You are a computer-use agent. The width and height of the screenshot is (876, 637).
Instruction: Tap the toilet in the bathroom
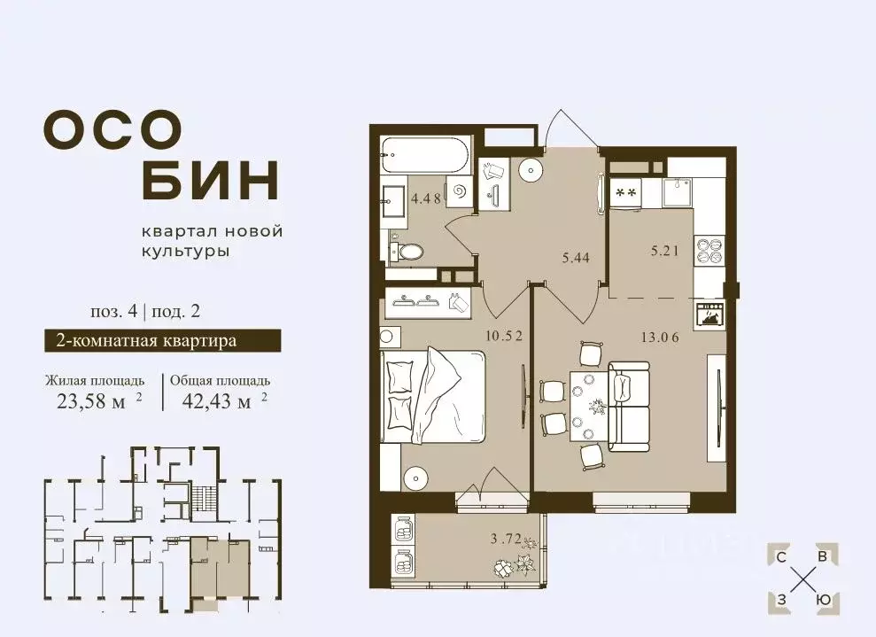[x=407, y=252]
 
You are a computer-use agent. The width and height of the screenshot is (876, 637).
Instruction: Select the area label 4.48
[x=426, y=198]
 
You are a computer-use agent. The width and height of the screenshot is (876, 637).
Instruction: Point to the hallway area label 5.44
[x=575, y=258]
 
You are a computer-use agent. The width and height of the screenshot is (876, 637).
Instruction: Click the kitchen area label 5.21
[x=665, y=251]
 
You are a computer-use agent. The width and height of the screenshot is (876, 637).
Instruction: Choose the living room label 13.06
[x=660, y=338]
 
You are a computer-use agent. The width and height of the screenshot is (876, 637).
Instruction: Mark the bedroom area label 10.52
[x=504, y=337]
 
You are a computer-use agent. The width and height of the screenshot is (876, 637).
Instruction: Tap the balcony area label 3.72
[x=506, y=540]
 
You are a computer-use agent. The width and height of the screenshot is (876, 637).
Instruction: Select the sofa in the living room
[x=629, y=407]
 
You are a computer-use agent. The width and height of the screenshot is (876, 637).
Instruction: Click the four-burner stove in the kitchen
[x=709, y=249]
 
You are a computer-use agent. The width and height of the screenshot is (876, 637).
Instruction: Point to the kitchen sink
[x=678, y=193]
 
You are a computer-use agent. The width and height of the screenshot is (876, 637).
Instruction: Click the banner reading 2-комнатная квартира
[x=163, y=340]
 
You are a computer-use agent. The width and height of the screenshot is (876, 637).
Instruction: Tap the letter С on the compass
[x=781, y=557]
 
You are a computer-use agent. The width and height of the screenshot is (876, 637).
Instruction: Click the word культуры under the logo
[x=185, y=252]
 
